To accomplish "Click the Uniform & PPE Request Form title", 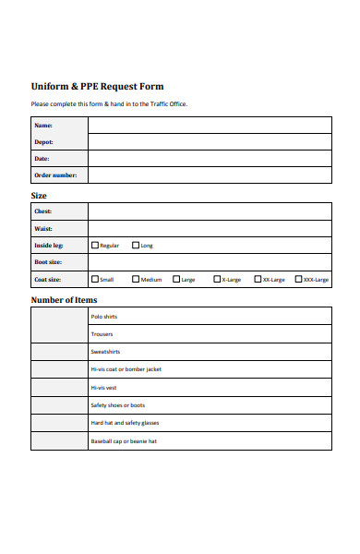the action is [x=97, y=86].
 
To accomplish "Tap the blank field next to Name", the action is [x=210, y=125].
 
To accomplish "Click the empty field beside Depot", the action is [x=210, y=142].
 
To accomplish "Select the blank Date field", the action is [x=210, y=159].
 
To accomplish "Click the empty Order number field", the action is [x=210, y=175].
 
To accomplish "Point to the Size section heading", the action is [x=40, y=196].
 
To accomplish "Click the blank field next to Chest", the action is [x=210, y=211].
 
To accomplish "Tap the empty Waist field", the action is [x=210, y=228].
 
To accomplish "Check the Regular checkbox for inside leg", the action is [x=95, y=246].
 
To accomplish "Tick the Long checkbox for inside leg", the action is [x=137, y=246].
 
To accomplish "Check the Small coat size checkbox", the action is [x=95, y=279].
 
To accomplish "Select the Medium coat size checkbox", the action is [x=137, y=279].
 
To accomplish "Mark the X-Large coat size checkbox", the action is [x=218, y=279].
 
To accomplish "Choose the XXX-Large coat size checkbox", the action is [x=298, y=279].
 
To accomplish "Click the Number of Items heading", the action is [x=64, y=300].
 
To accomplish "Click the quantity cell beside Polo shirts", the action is [x=59, y=317].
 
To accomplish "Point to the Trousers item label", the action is [x=102, y=334].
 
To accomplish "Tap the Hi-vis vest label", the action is [x=103, y=387].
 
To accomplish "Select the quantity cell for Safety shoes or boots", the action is [x=59, y=405].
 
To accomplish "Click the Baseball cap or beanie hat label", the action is [x=124, y=441].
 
